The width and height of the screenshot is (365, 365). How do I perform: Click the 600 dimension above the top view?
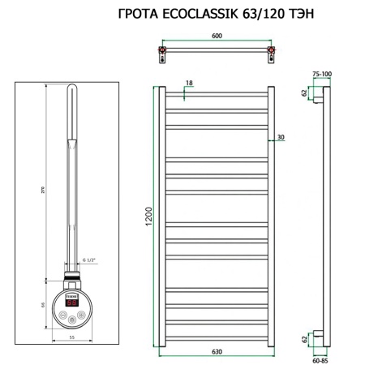pos(217,36)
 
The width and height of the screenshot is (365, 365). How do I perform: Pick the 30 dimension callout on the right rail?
pos(280,136)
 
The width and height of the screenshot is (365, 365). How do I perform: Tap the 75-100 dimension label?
pos(323,74)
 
